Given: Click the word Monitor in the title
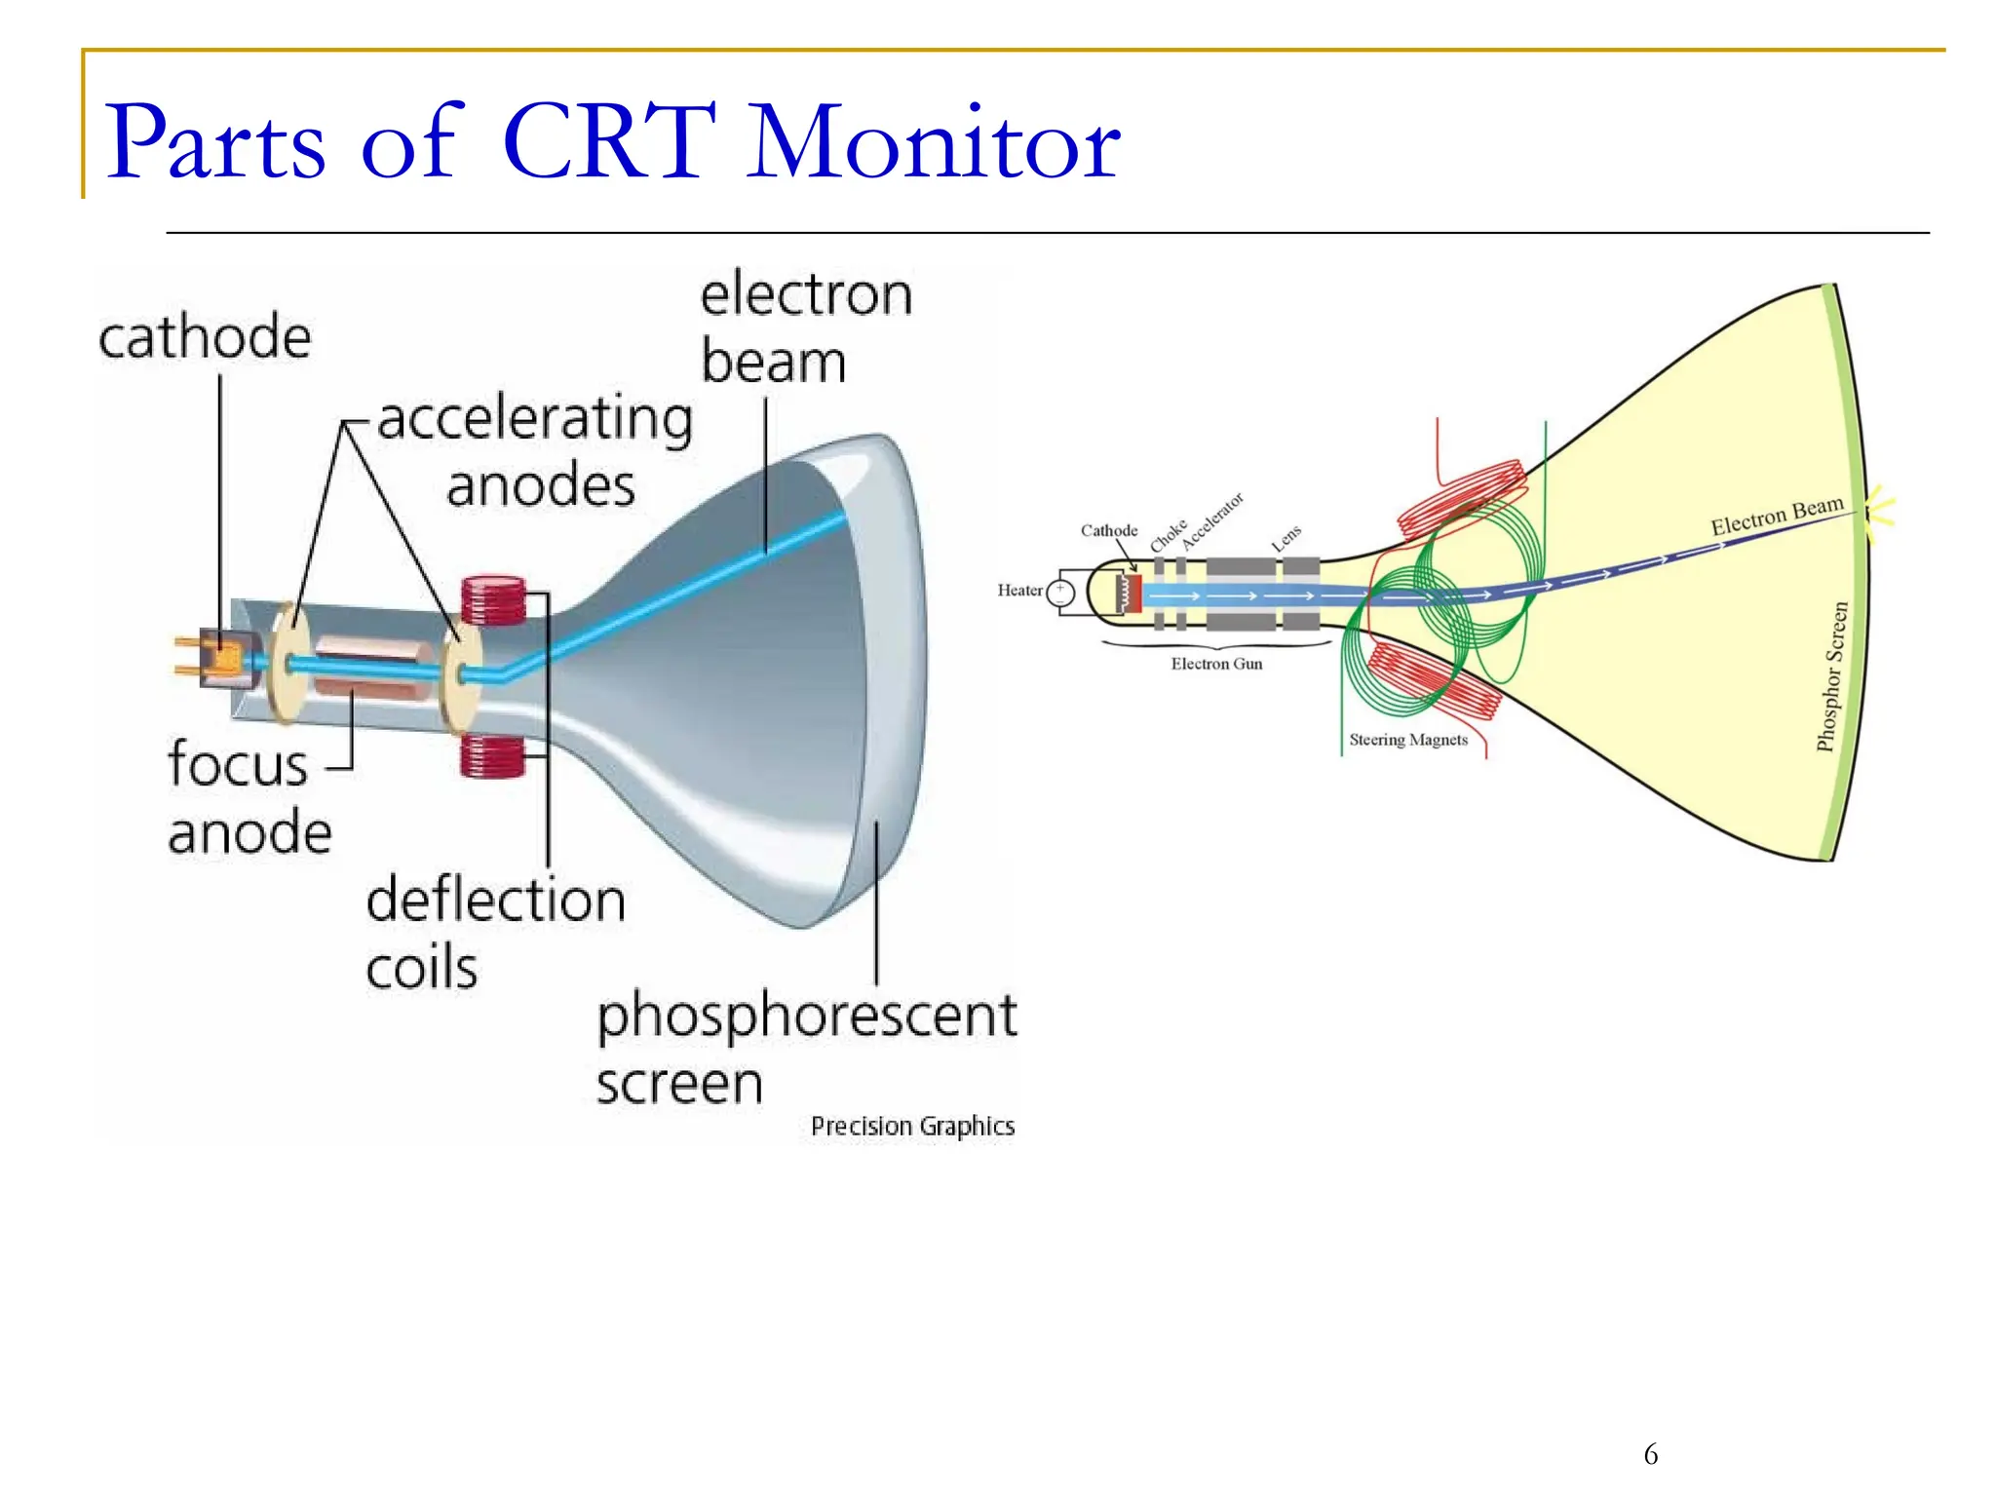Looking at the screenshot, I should (934, 143).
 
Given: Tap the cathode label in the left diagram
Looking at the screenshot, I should (205, 338).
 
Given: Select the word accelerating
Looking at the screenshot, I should (535, 419).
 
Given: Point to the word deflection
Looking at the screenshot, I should (495, 900).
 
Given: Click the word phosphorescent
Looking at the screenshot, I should (806, 1017).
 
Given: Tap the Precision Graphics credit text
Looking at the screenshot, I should (912, 1127).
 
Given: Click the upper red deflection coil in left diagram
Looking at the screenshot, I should (493, 600).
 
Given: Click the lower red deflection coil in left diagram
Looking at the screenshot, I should (491, 755).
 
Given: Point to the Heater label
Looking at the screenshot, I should (1018, 591).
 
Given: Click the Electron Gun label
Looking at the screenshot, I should (1216, 665).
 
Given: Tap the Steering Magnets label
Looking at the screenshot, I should (1407, 741).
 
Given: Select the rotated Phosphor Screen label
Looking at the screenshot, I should (1831, 676).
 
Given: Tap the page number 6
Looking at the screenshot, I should (1650, 1455).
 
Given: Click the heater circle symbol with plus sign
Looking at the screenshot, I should (1060, 593).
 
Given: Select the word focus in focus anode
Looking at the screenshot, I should (238, 764).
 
